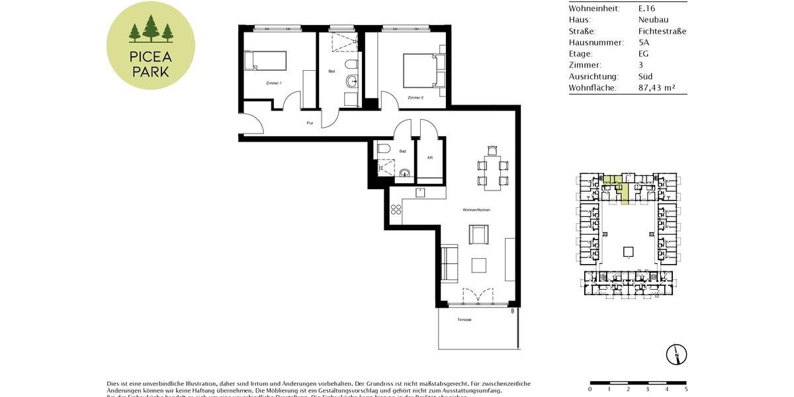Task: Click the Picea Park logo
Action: (x=151, y=46)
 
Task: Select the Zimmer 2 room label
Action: (x=416, y=97)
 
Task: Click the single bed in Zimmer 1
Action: (x=265, y=60)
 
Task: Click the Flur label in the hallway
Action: (x=309, y=122)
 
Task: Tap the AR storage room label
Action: (x=430, y=158)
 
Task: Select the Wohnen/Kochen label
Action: (x=476, y=210)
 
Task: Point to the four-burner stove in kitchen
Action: (x=396, y=210)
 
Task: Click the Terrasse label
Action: (x=464, y=320)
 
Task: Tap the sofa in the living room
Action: (x=450, y=263)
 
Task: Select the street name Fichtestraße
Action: (x=662, y=31)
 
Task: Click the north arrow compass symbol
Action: (x=677, y=355)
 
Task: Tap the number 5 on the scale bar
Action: (x=687, y=389)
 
